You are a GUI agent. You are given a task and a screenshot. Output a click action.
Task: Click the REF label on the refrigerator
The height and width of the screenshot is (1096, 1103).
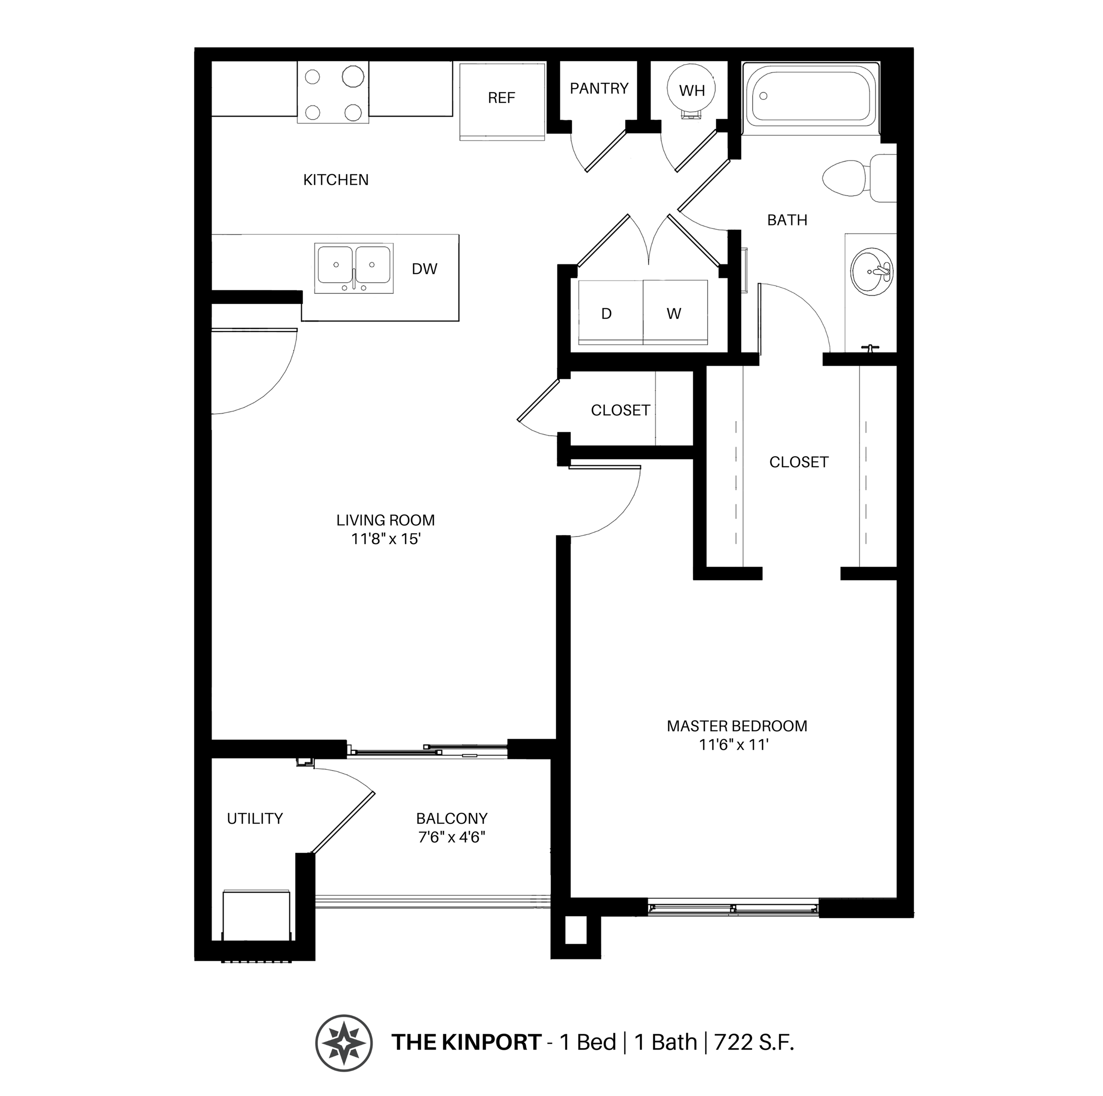click(x=501, y=98)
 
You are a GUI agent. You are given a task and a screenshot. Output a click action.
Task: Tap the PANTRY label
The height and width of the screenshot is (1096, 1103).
click(x=598, y=88)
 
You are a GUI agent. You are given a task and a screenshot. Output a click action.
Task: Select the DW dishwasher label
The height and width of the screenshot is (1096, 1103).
click(x=424, y=269)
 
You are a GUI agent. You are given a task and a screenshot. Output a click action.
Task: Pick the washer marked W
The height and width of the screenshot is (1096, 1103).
click(x=674, y=313)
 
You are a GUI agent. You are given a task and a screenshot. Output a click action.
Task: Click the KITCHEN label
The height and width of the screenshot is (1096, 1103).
click(x=336, y=180)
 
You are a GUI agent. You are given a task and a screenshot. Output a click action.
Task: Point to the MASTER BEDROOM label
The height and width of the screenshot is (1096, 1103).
click(x=736, y=726)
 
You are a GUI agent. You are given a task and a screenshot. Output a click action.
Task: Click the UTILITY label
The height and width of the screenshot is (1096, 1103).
click(x=255, y=819)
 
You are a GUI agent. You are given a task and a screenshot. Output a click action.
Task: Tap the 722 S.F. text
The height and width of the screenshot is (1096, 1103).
click(x=754, y=1042)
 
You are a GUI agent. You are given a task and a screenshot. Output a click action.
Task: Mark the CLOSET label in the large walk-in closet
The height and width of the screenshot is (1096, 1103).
click(x=798, y=462)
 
